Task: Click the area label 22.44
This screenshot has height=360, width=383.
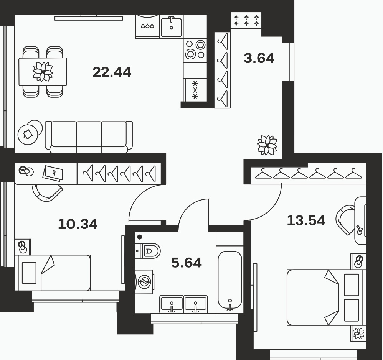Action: tap(112, 72)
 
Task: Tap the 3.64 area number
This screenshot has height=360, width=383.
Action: tap(259, 58)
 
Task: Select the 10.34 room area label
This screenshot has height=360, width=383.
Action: tap(78, 224)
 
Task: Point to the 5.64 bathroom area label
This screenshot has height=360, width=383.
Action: tap(187, 263)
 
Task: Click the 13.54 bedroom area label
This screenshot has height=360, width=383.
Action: tap(306, 220)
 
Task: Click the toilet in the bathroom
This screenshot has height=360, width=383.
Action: tap(147, 251)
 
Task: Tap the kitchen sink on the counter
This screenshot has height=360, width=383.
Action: tap(171, 27)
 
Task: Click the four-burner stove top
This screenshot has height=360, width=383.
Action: tap(195, 50)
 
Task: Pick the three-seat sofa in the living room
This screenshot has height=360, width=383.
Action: tap(89, 137)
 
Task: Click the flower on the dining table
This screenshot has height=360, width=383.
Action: tap(43, 72)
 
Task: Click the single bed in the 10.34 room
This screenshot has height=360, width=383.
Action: tap(53, 273)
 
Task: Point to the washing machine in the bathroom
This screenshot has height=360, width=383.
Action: tap(144, 282)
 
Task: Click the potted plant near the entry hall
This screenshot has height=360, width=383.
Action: tap(267, 145)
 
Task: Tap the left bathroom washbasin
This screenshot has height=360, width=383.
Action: tap(172, 304)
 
